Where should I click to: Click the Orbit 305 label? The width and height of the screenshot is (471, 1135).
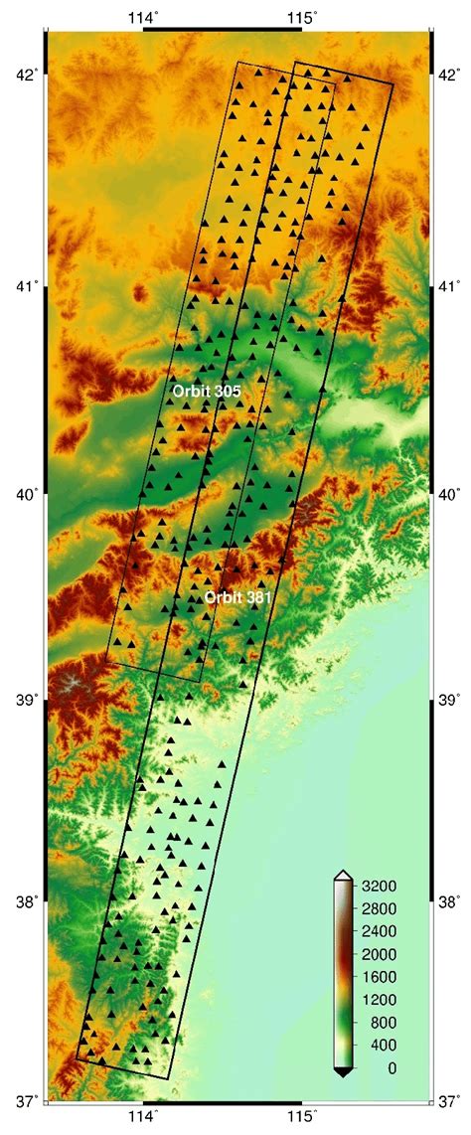tap(207, 392)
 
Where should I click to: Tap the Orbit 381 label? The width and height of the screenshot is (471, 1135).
tap(238, 597)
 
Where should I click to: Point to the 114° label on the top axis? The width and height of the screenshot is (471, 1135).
tap(144, 16)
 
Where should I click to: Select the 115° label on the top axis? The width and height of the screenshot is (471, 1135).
tap(302, 16)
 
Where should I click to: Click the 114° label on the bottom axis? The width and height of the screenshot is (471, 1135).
tap(144, 1121)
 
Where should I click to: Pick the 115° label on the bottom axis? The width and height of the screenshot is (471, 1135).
tap(302, 1121)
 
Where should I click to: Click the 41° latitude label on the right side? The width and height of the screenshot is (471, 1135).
tap(450, 287)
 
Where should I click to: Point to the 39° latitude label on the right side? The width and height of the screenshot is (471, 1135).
tap(450, 700)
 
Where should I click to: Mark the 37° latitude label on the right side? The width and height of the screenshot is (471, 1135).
tap(450, 1100)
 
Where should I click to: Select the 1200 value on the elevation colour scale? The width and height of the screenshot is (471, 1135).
tap(379, 1000)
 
